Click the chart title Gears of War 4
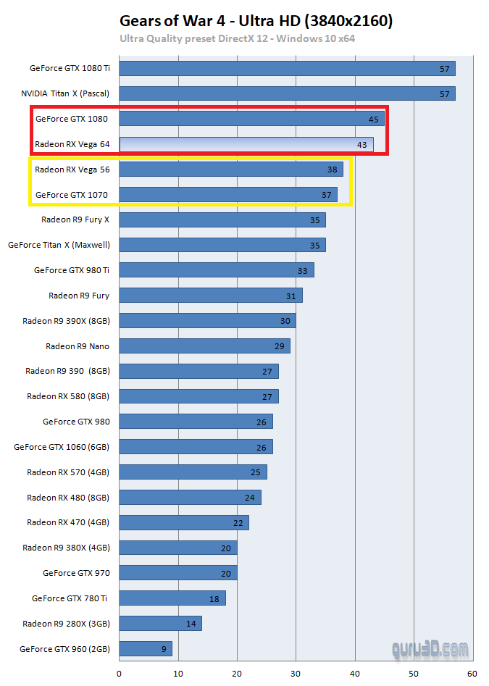pos(256,21)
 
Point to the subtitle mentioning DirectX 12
pos(237,39)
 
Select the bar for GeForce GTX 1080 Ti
pos(287,69)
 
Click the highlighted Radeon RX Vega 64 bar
pos(246,144)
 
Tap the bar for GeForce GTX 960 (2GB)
pos(146,648)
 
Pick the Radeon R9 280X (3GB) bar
pos(160,623)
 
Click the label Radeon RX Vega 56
pos(72,170)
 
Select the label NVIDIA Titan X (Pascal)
pos(65,93)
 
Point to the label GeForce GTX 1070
pos(72,194)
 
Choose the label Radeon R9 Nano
pos(78,346)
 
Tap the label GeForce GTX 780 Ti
pos(70,598)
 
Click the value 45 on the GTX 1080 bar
pos(374,120)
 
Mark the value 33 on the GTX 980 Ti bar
pos(303,270)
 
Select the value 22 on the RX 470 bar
pos(238,522)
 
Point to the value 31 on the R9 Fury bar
pos(291,296)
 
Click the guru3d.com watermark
pos(430,649)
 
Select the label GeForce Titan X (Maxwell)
pos(59,245)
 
